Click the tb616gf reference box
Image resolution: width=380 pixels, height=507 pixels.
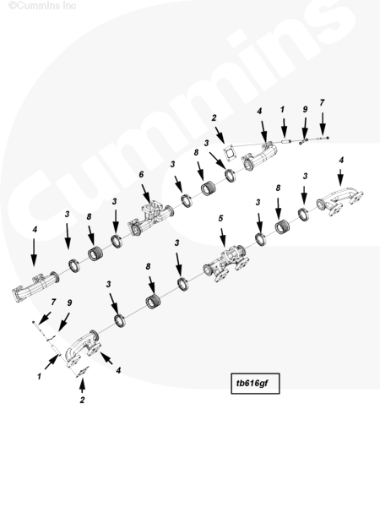(255, 384)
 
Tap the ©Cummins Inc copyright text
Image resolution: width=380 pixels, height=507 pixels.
(42, 6)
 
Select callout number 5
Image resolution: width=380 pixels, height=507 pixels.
(220, 218)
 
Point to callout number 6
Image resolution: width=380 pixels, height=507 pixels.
(141, 174)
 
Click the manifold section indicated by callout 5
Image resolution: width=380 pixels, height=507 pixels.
(227, 264)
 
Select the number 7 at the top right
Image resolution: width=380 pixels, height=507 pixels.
(322, 102)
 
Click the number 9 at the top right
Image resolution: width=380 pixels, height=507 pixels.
(305, 109)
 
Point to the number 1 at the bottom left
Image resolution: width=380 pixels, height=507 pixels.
(39, 376)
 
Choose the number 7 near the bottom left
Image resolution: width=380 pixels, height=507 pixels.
(53, 302)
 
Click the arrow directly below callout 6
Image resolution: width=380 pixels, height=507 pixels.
(146, 194)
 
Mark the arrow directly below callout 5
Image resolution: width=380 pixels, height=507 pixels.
(223, 237)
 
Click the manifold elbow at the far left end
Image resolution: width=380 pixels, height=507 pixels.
(35, 287)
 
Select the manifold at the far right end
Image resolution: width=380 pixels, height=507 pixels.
(339, 200)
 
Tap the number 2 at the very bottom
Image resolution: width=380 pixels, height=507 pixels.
(82, 400)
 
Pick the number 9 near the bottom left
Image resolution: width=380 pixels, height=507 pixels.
(69, 303)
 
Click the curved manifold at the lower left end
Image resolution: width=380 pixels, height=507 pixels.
(82, 348)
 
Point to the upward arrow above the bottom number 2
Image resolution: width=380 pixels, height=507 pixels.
(83, 384)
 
